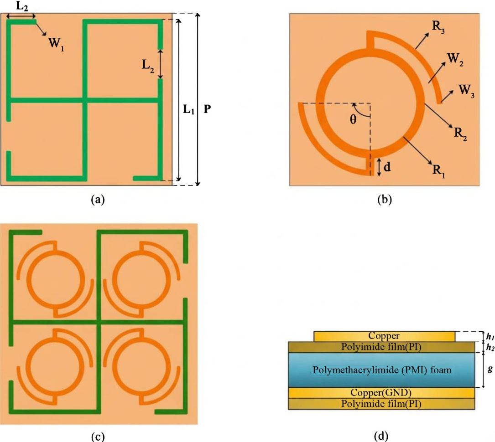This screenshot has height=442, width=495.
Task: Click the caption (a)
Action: click(x=98, y=199)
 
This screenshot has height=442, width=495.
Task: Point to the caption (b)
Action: click(x=384, y=199)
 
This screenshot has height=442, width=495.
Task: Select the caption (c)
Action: click(x=98, y=436)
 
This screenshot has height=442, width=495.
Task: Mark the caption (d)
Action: click(x=381, y=436)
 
